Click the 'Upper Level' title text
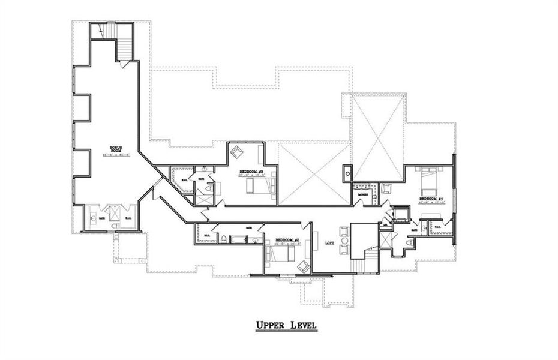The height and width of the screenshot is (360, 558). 286,325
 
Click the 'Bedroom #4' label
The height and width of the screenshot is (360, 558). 431,199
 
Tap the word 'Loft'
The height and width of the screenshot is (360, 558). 329,243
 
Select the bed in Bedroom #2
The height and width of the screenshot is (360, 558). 281,255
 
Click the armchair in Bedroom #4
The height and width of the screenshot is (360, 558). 386,188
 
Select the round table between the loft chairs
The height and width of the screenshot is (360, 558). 344,239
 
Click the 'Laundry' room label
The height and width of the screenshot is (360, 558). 361,195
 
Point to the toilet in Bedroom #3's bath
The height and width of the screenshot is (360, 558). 209,190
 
